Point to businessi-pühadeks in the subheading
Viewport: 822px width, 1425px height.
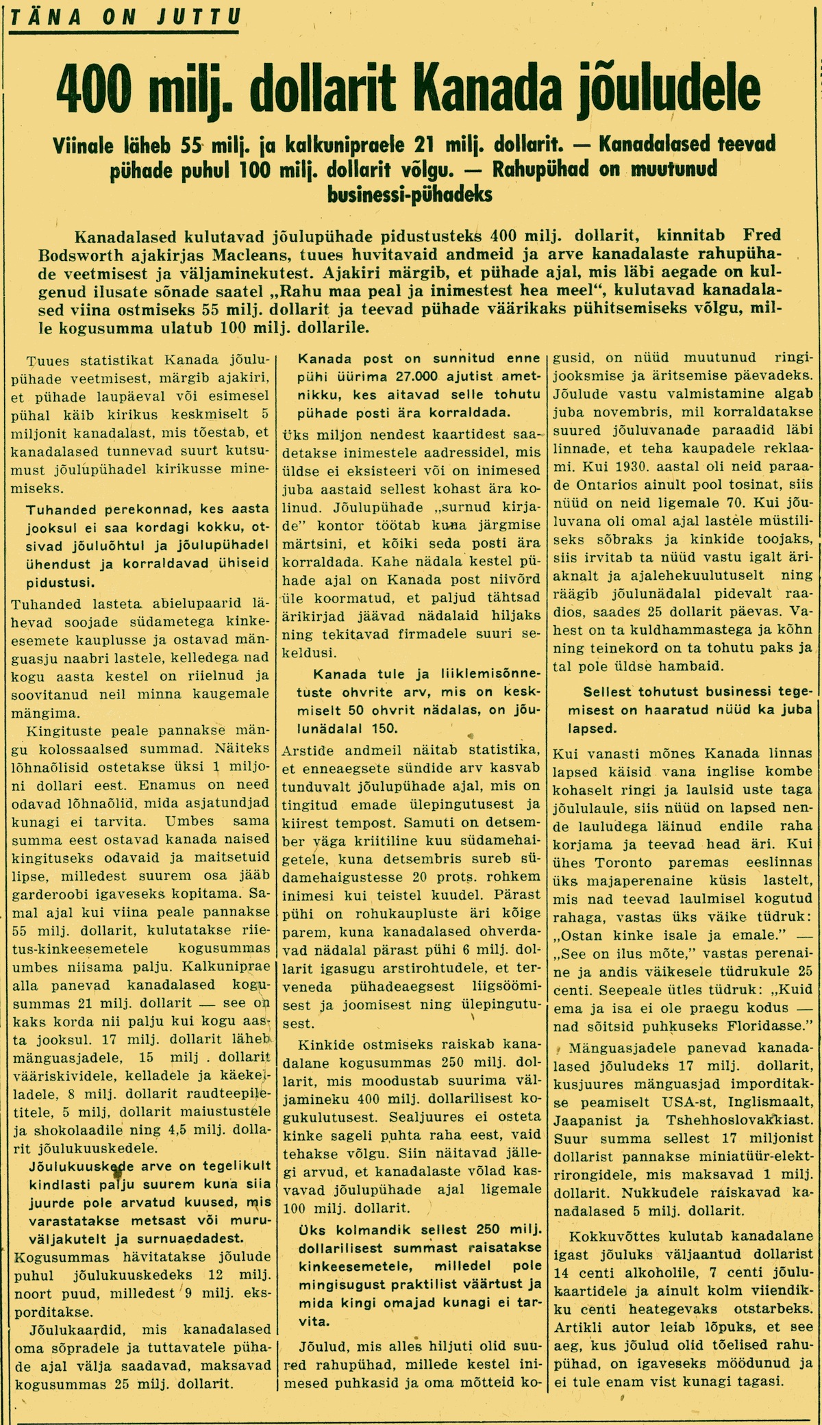click(x=410, y=194)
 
